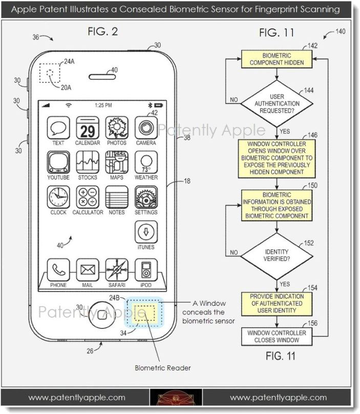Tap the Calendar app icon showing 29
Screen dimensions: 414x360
point(87,127)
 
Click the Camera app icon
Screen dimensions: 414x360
point(145,127)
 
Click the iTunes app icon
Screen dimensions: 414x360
point(145,232)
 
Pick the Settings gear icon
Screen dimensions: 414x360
point(145,197)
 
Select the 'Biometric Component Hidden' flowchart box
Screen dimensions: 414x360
point(277,59)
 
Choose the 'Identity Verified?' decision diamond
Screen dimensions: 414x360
point(277,255)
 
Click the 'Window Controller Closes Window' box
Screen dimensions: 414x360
point(277,336)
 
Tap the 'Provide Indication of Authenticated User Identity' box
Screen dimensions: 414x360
point(277,303)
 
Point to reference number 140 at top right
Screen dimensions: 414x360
point(340,32)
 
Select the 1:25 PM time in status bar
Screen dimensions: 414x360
point(103,106)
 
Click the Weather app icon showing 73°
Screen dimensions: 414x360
point(145,162)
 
